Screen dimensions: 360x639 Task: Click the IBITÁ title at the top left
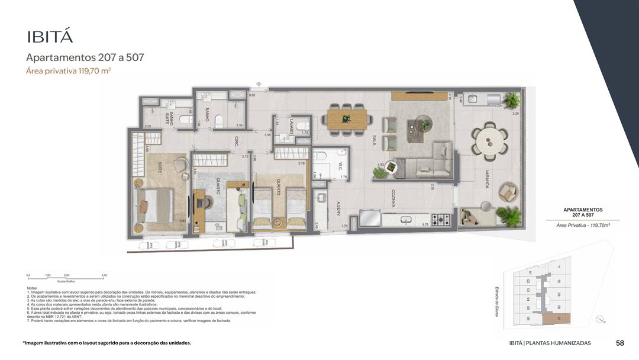pos(50,36)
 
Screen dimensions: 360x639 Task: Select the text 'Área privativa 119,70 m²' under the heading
pos(69,71)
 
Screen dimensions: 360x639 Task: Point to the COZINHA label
pos(393,198)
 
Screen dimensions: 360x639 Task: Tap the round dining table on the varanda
pos(491,141)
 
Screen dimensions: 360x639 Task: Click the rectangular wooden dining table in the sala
pos(347,119)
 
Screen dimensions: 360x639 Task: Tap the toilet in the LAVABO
pos(302,125)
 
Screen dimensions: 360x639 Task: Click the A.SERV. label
pos(339,210)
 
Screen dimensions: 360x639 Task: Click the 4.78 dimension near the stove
pos(424,225)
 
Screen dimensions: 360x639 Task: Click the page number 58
pos(619,343)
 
